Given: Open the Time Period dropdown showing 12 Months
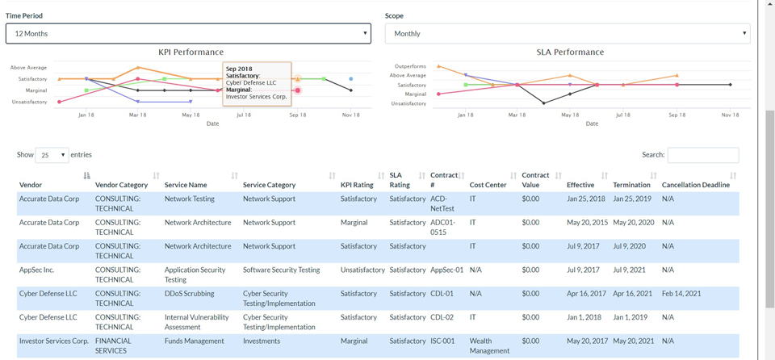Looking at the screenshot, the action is click(x=188, y=34).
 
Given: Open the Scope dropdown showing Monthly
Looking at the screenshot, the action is click(x=568, y=34).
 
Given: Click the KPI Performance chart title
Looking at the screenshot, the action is click(x=191, y=52).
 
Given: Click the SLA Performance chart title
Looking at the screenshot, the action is click(x=570, y=52).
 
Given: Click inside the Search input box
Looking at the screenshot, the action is click(x=703, y=155).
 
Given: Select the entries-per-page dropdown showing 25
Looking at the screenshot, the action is click(x=52, y=155).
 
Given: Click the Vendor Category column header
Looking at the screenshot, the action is click(x=122, y=185).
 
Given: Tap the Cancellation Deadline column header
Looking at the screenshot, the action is click(x=695, y=185).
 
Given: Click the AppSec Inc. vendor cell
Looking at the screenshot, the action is click(x=36, y=270).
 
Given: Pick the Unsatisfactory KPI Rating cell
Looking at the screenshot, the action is click(x=362, y=270).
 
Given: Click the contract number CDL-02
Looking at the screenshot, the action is click(x=442, y=317).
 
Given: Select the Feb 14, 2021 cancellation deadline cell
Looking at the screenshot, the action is click(x=681, y=294).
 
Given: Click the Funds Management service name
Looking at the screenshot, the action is click(x=195, y=341).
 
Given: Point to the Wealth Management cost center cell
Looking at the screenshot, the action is click(x=489, y=345).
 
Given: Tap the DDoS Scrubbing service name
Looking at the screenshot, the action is click(x=189, y=294).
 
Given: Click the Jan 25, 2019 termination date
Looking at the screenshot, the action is click(x=633, y=199).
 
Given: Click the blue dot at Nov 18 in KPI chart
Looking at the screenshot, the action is click(x=351, y=78).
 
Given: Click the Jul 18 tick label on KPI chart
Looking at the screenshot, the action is click(x=244, y=115).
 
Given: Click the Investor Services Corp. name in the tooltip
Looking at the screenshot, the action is click(x=257, y=97).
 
